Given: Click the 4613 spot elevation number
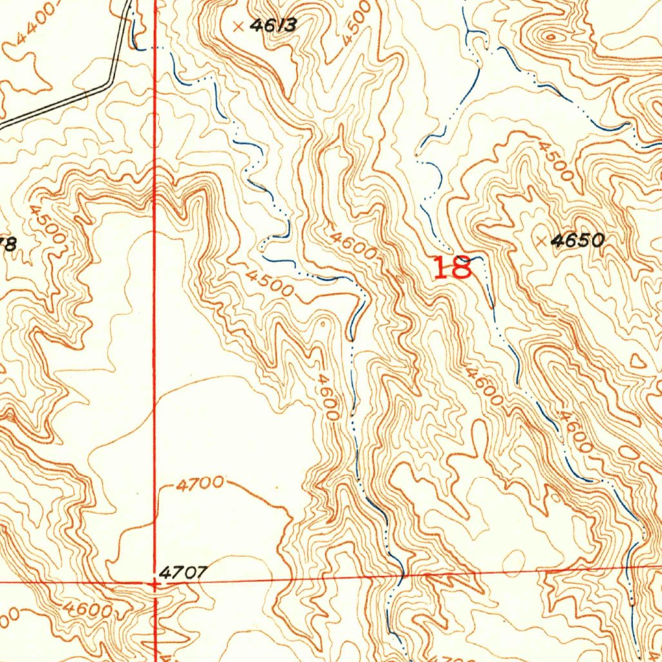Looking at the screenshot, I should pos(273,26).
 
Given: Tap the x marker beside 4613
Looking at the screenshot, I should pos(239,27).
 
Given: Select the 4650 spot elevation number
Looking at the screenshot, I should pos(578,241).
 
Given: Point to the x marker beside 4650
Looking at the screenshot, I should pos(542,241).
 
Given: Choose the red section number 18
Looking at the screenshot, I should pos(453,268).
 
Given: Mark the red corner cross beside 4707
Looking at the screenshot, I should pos(154,583).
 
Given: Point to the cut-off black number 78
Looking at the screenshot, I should pos(7,244).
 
